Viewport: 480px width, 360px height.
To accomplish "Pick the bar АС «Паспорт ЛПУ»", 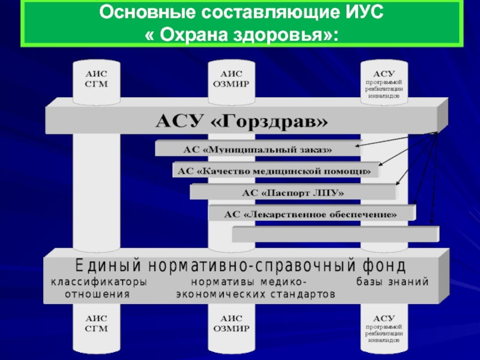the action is tap(293, 193).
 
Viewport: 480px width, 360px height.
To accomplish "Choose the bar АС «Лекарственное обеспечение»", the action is tap(311, 214).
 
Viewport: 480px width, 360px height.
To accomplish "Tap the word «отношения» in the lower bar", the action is tap(97, 295).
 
